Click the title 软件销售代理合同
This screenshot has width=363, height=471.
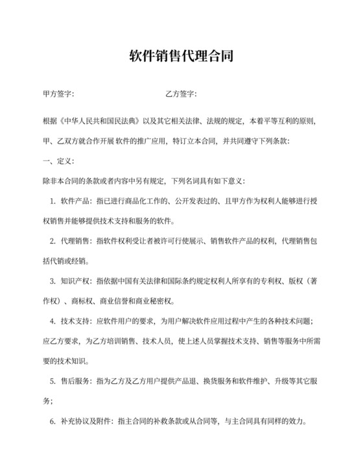(x=181, y=57)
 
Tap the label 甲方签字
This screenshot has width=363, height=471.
(x=57, y=94)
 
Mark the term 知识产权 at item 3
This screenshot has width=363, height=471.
(x=76, y=281)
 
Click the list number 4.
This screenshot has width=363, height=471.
(x=52, y=322)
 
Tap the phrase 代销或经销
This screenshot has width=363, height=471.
(x=68, y=261)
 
